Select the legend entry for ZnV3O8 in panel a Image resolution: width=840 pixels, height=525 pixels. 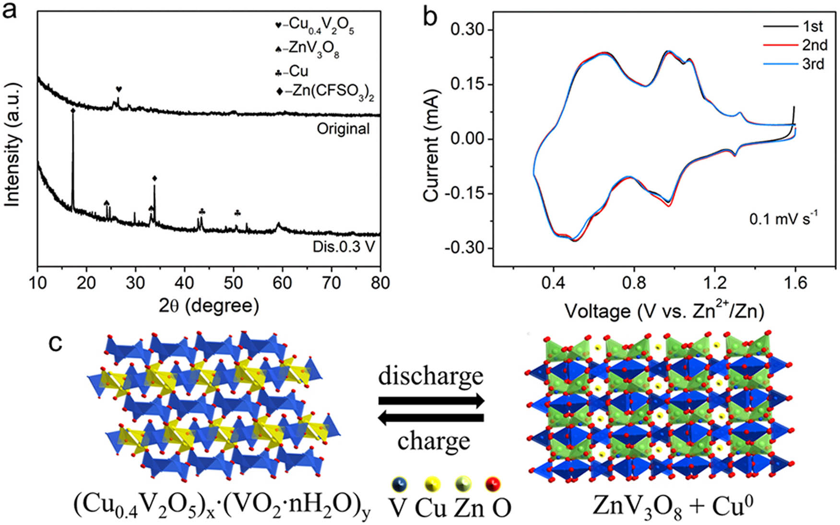pos(307,49)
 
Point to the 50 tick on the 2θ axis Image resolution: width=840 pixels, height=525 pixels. pos(234,283)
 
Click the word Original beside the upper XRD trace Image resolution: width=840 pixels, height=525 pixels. pos(343,129)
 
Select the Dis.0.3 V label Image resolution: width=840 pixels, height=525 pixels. pos(343,247)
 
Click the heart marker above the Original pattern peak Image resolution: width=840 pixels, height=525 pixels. pos(119,89)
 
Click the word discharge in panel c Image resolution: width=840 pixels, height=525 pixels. pos(430,376)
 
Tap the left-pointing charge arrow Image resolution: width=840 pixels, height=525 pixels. pos(430,418)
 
